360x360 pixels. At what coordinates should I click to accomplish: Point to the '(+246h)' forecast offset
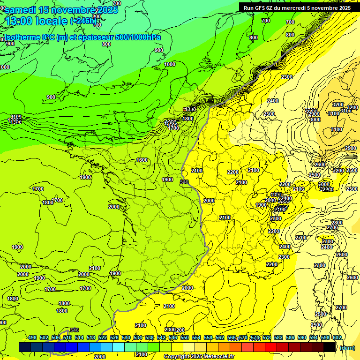[83, 21]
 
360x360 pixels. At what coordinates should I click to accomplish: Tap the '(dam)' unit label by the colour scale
[347, 347]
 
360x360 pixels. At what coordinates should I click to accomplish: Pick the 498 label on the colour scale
[32, 337]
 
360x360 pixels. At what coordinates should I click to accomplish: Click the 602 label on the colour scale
[337, 337]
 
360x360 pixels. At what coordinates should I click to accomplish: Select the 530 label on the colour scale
[126, 337]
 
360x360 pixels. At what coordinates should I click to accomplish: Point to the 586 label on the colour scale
[290, 337]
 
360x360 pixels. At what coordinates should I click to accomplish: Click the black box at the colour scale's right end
[330, 347]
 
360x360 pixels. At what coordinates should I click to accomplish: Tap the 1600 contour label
[142, 160]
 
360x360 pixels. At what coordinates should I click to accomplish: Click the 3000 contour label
[315, 120]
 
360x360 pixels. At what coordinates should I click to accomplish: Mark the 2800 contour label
[337, 223]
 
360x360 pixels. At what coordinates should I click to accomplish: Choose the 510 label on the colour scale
[67, 337]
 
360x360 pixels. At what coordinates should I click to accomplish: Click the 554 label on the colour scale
[196, 337]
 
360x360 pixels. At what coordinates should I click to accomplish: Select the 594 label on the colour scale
[314, 337]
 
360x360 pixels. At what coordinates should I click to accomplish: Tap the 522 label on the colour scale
[103, 337]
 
